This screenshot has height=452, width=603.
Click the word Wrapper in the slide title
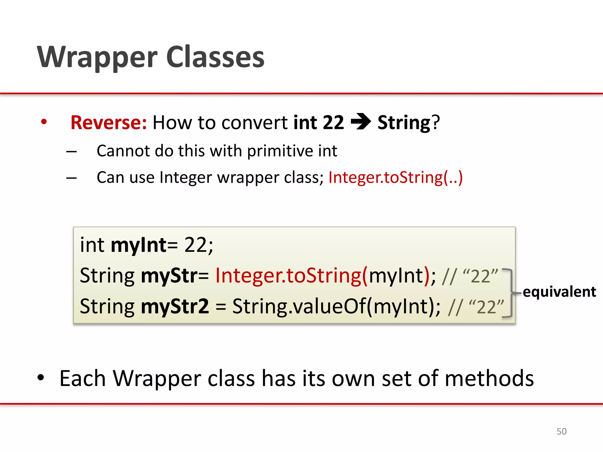point(97,57)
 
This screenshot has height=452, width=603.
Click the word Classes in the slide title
point(215,57)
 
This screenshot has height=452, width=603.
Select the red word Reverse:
point(109,122)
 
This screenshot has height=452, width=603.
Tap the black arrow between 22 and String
point(361,122)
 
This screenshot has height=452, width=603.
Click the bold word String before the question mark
point(404,122)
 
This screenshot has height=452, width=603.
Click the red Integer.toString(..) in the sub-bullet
point(395,177)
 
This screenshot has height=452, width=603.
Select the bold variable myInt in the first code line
point(138,245)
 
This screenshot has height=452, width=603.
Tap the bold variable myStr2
point(175,306)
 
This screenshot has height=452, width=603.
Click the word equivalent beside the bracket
point(559,292)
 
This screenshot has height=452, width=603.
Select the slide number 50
point(561,431)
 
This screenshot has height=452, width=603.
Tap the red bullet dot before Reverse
point(44,122)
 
